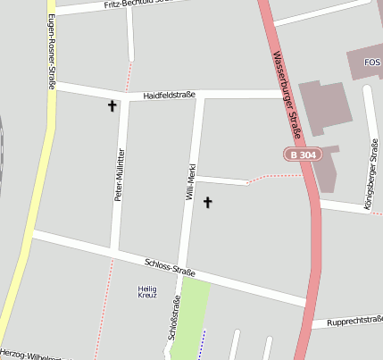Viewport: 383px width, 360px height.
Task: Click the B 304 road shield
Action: [x=304, y=155]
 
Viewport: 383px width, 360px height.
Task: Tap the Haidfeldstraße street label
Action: [x=170, y=95]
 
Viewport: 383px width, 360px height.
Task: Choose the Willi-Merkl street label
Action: [x=190, y=180]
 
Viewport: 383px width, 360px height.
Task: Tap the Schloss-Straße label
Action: [x=170, y=266]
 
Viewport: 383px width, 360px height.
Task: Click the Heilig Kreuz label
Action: [x=147, y=291]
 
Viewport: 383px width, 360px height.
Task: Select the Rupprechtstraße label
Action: [x=354, y=322]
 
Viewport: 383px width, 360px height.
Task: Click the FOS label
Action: [x=373, y=62]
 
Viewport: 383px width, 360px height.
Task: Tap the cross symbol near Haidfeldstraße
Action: [x=112, y=106]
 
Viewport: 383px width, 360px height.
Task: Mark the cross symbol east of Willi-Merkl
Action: [x=208, y=203]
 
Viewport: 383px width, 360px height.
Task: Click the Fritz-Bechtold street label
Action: [x=134, y=4]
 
